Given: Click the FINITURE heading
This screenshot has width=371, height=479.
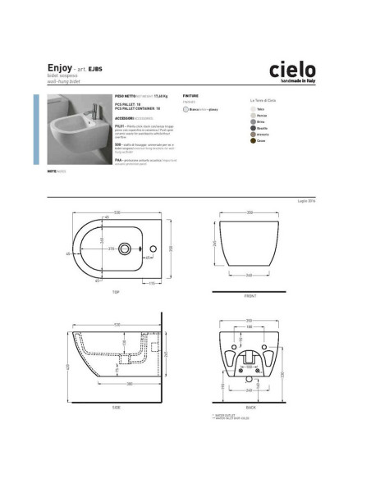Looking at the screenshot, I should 190,96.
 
